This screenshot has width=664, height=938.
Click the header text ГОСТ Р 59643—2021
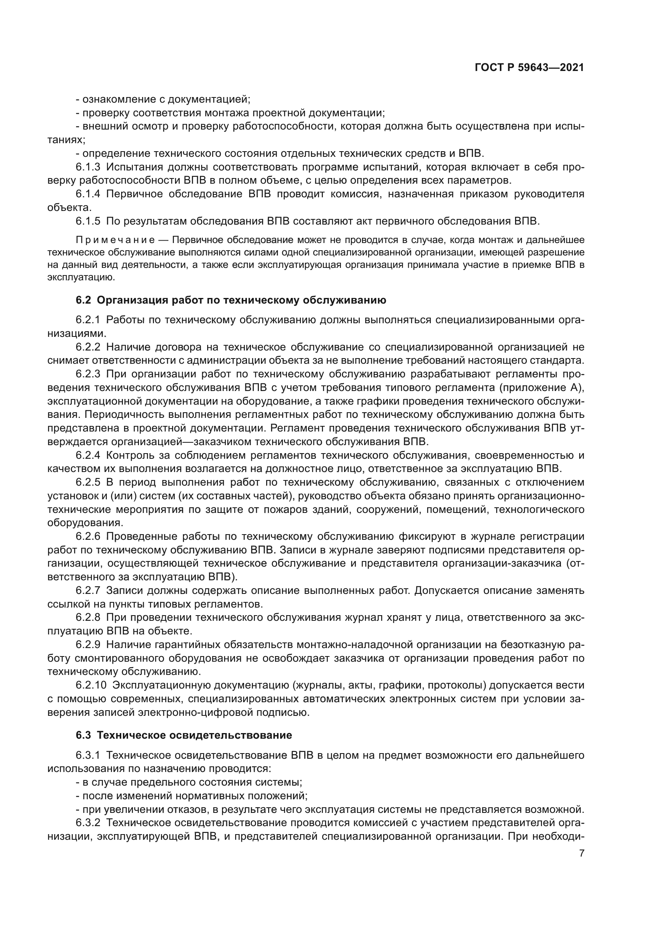[x=529, y=67]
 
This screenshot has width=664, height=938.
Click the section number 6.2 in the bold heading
[x=83, y=300]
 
